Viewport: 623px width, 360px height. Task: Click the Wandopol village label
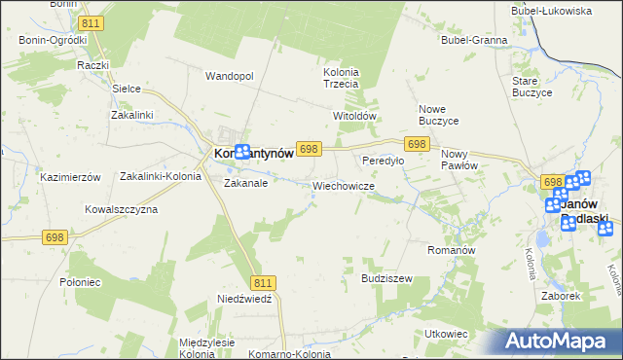(x=230, y=76)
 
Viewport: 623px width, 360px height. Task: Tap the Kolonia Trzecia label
(x=341, y=78)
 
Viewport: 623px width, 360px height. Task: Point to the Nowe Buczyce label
(x=438, y=114)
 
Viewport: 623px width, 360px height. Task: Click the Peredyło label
(x=383, y=161)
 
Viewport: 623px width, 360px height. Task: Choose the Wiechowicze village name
(x=344, y=185)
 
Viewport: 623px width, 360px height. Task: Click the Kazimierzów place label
(x=70, y=178)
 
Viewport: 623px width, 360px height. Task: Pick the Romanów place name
(x=451, y=250)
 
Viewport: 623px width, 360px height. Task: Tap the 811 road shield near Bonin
(x=92, y=21)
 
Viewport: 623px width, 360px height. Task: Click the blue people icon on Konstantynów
(x=242, y=153)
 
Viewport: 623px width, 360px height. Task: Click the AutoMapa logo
(x=560, y=341)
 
